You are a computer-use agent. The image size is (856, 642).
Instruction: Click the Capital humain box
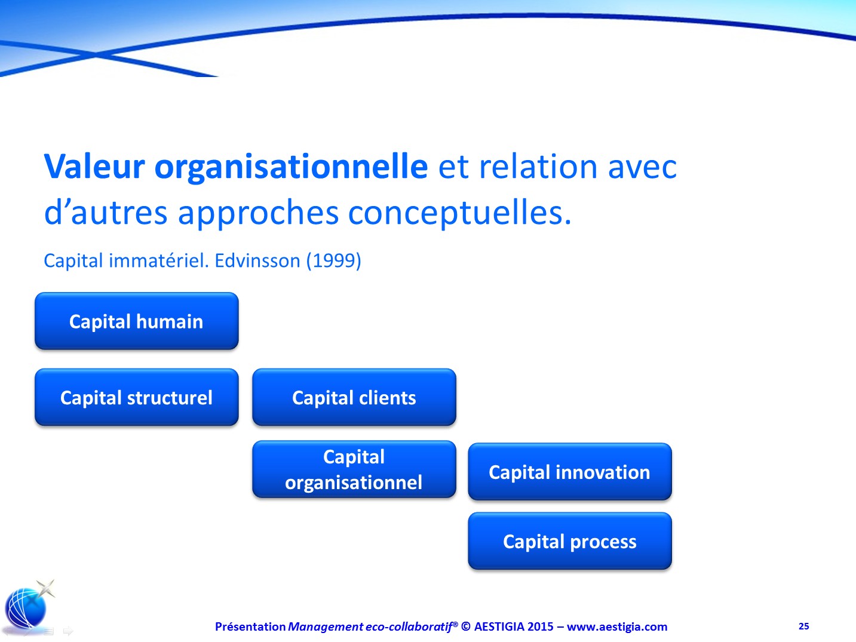coord(136,321)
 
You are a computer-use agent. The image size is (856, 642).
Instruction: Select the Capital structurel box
coord(136,397)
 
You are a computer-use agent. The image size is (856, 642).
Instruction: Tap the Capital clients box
coord(354,397)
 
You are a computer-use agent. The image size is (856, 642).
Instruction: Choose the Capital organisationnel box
coord(354,469)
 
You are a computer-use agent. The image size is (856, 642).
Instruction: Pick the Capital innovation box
coord(570,472)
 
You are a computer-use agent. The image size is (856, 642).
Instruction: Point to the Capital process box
coord(570,541)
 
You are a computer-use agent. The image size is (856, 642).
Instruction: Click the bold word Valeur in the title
coord(94,167)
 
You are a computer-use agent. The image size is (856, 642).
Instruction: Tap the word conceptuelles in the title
coord(459,214)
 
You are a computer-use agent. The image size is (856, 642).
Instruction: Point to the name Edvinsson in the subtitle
coord(257,260)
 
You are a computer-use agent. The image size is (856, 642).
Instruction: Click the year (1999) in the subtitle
coord(334,260)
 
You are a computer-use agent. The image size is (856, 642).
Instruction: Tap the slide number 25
coord(804,626)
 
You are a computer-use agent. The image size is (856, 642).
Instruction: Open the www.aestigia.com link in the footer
coord(617,626)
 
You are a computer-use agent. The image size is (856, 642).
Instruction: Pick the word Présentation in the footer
coord(250,626)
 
